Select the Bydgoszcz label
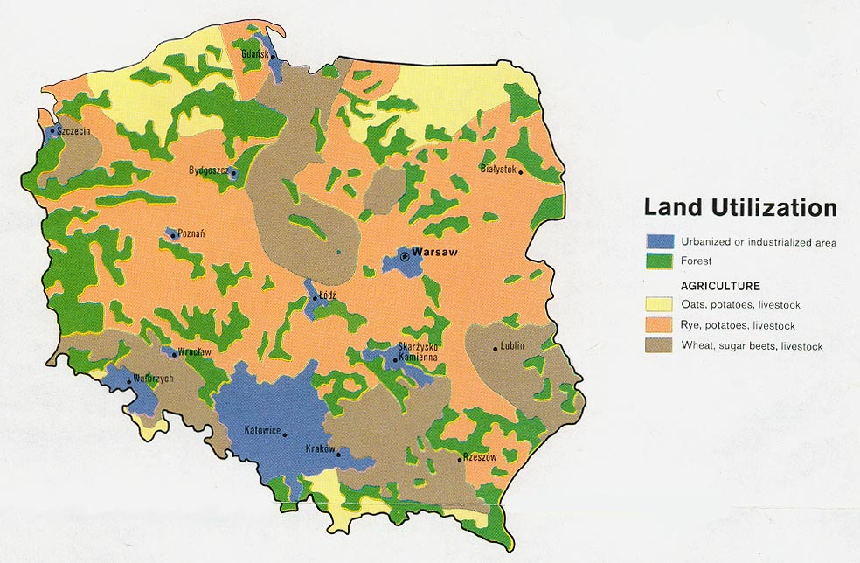tap(209, 170)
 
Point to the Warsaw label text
tap(435, 252)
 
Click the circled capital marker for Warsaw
tap(405, 256)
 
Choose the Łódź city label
tap(328, 295)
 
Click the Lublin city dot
tap(496, 349)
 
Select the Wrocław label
tap(195, 351)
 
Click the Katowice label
tap(261, 430)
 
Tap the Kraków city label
tap(320, 448)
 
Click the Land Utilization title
tap(739, 208)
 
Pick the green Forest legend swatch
tap(660, 261)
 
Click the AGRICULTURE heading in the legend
tap(720, 286)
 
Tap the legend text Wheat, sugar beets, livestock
tap(752, 346)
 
